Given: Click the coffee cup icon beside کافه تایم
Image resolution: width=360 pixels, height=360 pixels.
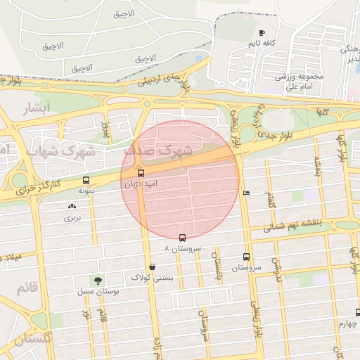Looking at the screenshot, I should pyautogui.click(x=262, y=33).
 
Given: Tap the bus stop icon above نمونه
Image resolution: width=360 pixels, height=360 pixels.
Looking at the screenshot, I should pyautogui.click(x=86, y=180).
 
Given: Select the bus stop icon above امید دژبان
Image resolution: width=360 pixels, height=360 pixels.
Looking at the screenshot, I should pyautogui.click(x=141, y=173).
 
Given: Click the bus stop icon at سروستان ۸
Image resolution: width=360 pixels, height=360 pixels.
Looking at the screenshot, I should pyautogui.click(x=183, y=238).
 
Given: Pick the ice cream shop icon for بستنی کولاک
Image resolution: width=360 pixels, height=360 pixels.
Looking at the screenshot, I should pyautogui.click(x=152, y=267).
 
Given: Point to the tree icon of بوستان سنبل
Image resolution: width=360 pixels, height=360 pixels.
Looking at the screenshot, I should pyautogui.click(x=96, y=280).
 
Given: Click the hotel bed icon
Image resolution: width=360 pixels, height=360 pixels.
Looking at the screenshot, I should pyautogui.click(x=245, y=193).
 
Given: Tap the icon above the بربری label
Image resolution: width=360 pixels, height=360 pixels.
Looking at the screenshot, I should pyautogui.click(x=72, y=207).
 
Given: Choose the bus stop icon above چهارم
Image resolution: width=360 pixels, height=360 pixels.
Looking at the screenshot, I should pyautogui.click(x=358, y=312).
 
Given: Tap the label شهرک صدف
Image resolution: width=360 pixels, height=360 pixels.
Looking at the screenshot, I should pyautogui.click(x=158, y=150).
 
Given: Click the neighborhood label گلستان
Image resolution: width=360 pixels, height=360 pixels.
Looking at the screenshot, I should pyautogui.click(x=32, y=339).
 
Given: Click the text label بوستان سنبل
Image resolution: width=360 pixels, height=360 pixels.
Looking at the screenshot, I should pyautogui.click(x=96, y=290).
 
